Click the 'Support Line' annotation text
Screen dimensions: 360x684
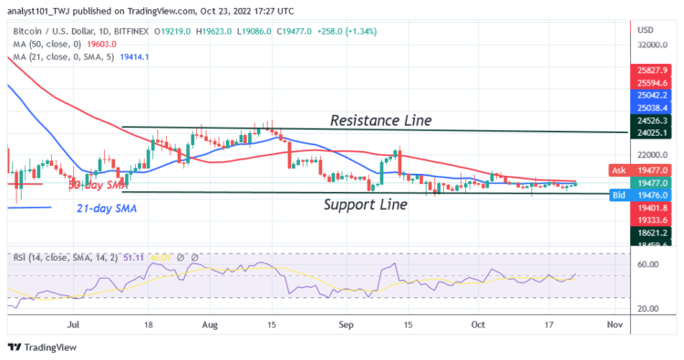click(x=366, y=205)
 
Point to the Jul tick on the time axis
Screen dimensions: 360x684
click(x=73, y=324)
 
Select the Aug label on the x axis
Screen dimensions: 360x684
click(x=211, y=324)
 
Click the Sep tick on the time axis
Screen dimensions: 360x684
click(x=346, y=324)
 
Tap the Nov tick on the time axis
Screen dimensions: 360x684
click(x=615, y=324)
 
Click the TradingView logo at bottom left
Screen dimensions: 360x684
click(x=46, y=347)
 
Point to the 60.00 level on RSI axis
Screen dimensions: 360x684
click(x=648, y=264)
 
